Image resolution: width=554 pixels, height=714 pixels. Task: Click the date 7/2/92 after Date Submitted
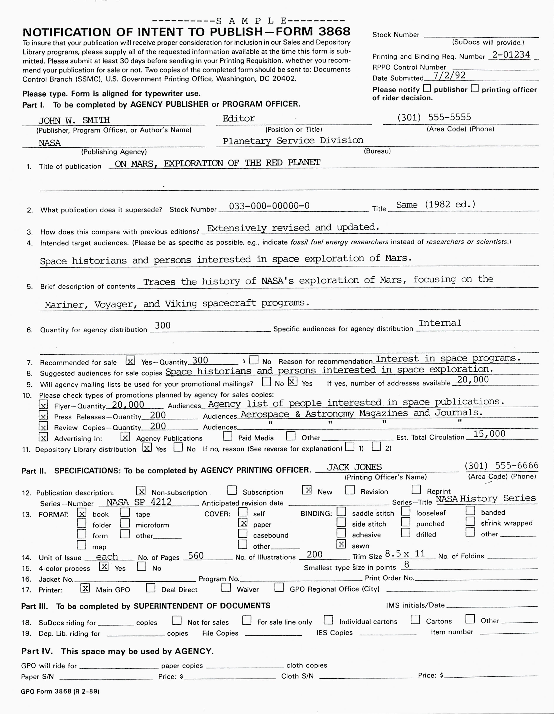(x=449, y=76)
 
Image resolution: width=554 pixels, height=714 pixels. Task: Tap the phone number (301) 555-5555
(x=434, y=117)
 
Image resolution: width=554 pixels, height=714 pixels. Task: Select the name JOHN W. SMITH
(x=74, y=121)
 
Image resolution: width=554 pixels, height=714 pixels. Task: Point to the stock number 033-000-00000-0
(x=269, y=206)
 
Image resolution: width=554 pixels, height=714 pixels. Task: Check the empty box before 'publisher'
(x=427, y=88)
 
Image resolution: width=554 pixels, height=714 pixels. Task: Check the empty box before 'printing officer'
(x=474, y=88)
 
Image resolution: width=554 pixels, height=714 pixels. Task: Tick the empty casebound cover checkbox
(x=242, y=533)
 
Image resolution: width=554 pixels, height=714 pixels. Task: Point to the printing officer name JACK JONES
(x=354, y=467)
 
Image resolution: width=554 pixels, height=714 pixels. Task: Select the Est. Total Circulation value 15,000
(x=489, y=434)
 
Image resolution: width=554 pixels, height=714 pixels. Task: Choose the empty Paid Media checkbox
(x=227, y=436)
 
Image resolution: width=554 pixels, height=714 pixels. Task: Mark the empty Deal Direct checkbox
(x=151, y=588)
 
